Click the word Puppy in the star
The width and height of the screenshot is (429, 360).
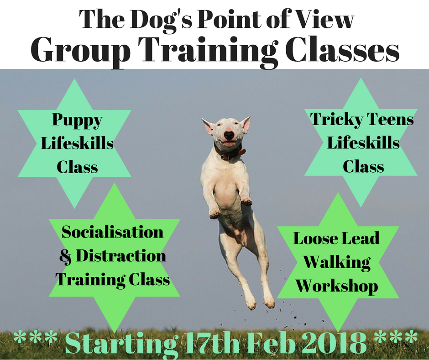click(77, 121)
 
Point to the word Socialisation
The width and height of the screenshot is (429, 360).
click(112, 232)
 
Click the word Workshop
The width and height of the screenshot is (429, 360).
click(337, 286)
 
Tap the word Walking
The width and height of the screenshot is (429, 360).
click(337, 262)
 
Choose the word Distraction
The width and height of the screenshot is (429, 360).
click(121, 255)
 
